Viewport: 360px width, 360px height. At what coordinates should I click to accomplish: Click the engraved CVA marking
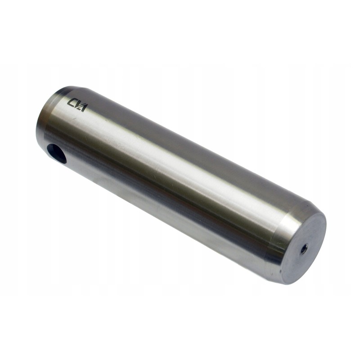click(77, 104)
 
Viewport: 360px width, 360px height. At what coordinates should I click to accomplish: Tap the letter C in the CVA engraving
click(72, 102)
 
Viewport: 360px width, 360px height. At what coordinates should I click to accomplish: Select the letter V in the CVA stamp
click(77, 104)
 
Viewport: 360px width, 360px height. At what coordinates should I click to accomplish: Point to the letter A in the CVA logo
click(84, 107)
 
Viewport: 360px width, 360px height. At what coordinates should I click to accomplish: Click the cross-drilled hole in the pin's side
click(57, 153)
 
